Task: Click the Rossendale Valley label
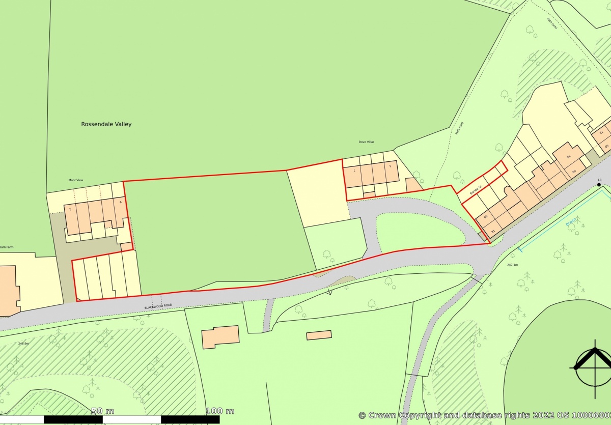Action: pos(106,124)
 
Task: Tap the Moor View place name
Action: pos(75,180)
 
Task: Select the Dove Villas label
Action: pos(367,142)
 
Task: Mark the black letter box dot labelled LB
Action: pos(599,185)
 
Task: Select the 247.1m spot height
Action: pos(512,265)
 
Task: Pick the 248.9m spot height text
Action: pos(23,344)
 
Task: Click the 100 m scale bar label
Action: pos(220,411)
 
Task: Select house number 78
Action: pos(569,156)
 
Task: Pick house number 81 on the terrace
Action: pos(492,232)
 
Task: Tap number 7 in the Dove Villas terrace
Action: pos(354,171)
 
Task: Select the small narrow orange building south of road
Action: pos(319,335)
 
